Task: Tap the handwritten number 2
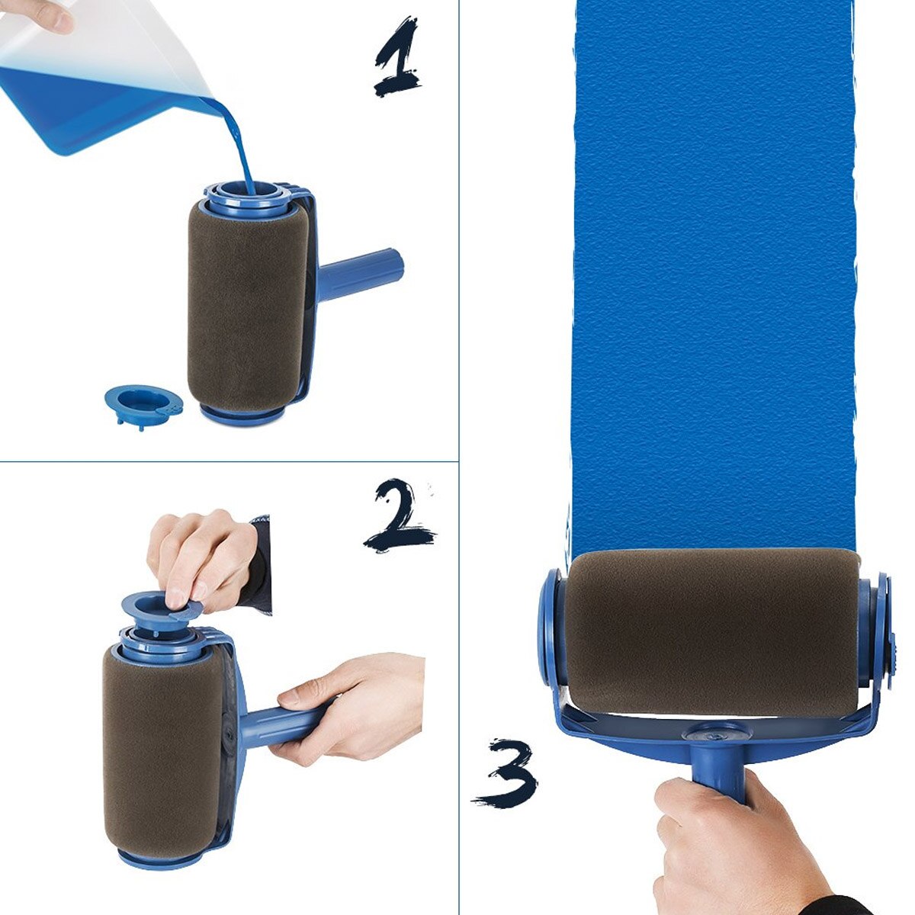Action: [399, 515]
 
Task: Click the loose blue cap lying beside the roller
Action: [143, 402]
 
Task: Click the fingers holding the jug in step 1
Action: [42, 14]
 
